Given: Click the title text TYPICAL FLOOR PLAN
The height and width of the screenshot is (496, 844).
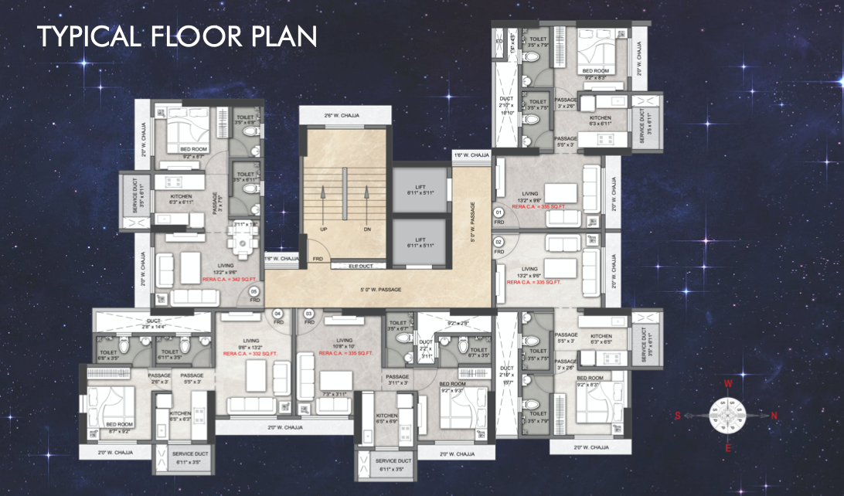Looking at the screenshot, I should click(x=177, y=36).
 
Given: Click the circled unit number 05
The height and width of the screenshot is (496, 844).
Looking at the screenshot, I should click(x=254, y=292).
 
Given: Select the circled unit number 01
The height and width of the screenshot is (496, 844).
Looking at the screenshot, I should click(x=499, y=212).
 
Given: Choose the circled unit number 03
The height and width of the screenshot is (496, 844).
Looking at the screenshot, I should click(x=308, y=313).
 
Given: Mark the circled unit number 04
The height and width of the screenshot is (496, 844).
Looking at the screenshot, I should click(x=278, y=313).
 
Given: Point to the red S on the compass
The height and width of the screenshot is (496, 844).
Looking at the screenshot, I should click(x=678, y=416).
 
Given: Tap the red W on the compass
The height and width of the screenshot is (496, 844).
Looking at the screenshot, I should click(x=727, y=382).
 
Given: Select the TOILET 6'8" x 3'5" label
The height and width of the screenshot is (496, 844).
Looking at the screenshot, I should click(x=108, y=355).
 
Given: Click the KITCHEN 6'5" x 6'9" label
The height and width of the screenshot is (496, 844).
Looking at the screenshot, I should click(x=387, y=418).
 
